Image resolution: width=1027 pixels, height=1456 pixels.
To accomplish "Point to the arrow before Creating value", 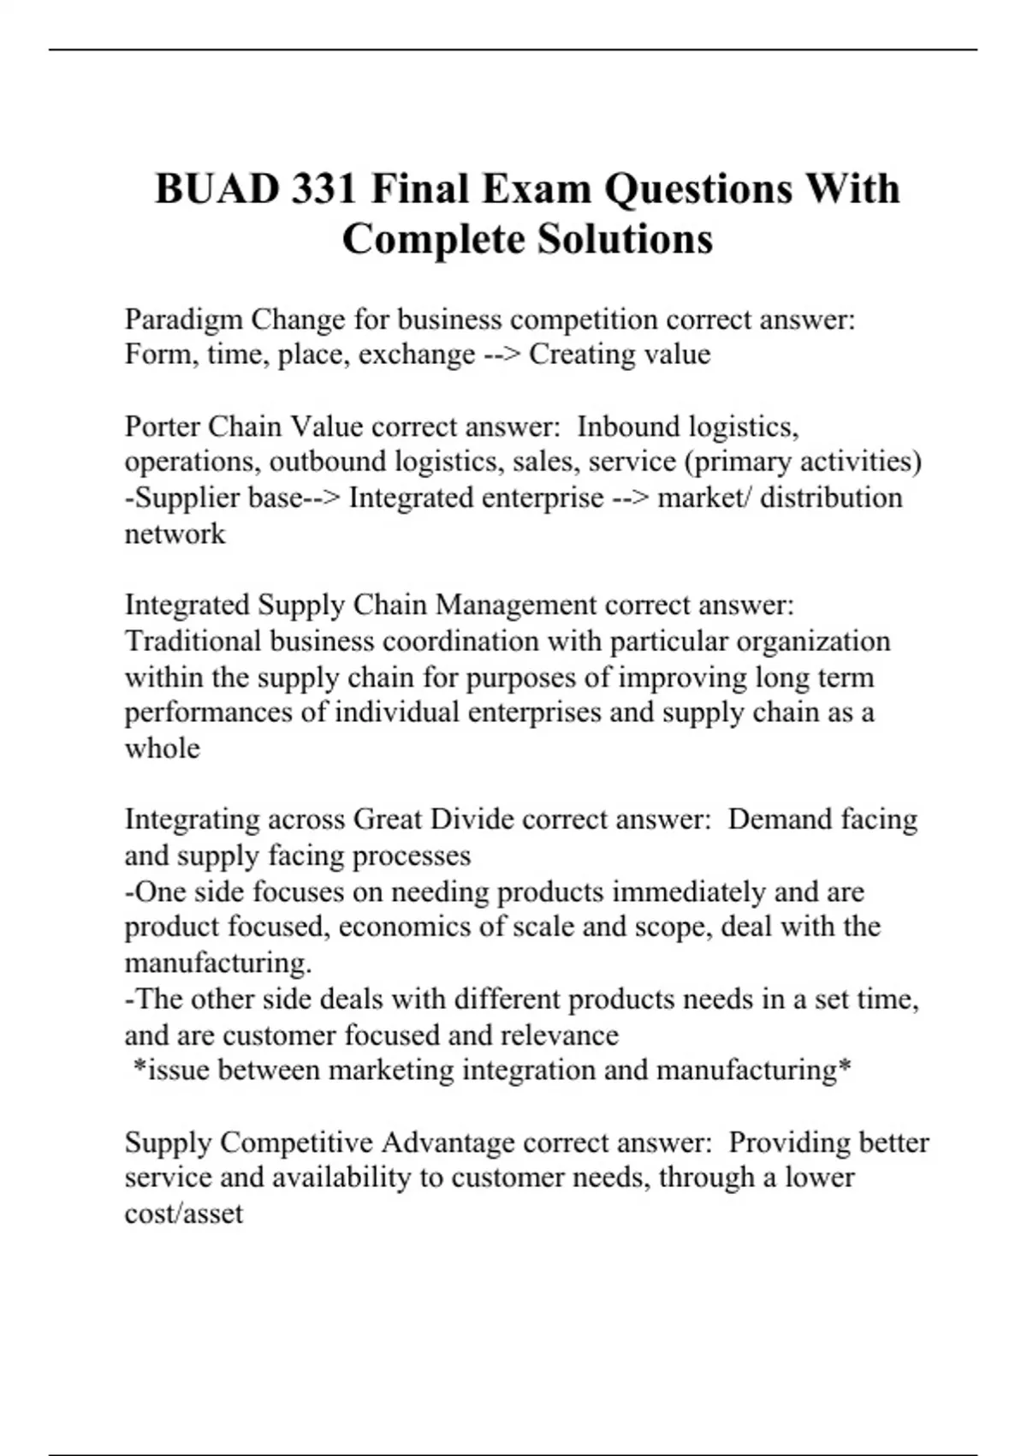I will pos(502,355).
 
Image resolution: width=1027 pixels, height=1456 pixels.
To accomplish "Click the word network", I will pos(175,534).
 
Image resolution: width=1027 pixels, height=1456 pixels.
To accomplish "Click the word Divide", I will pos(472,820).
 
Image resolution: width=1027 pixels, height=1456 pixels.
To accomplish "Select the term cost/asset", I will pos(184,1214).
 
